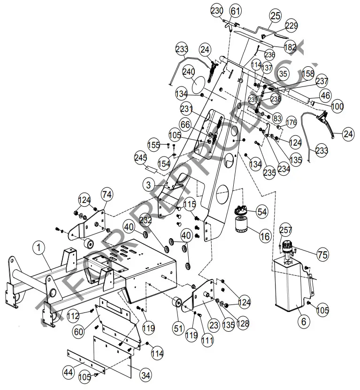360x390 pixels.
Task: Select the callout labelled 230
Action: pos(217,10)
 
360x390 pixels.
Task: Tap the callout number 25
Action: pos(275,16)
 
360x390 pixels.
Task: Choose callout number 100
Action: pos(337,107)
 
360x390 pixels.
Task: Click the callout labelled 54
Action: pos(262,212)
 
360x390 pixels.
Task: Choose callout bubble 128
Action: pos(243,324)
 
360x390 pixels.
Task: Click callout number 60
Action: pos(78,331)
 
